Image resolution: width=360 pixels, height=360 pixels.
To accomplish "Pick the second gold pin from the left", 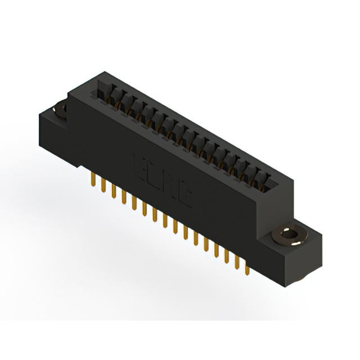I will (x=103, y=187).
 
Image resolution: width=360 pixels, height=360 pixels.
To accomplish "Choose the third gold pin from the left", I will (x=113, y=193).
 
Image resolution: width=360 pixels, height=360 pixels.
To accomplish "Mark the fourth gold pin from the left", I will (x=123, y=199).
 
